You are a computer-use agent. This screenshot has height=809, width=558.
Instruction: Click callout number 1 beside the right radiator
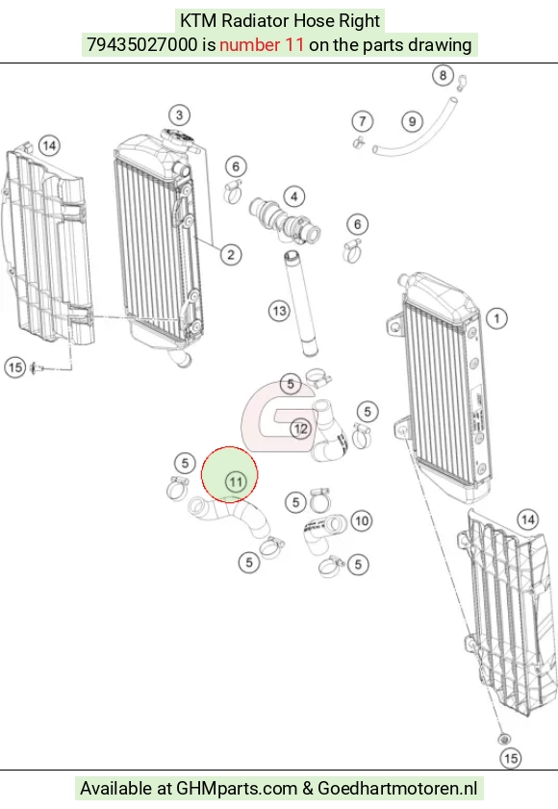tap(496, 317)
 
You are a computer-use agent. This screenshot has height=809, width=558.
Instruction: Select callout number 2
tap(231, 254)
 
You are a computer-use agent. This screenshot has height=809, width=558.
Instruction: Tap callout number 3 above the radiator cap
tap(179, 114)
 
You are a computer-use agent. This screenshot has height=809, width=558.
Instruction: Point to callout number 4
tap(294, 196)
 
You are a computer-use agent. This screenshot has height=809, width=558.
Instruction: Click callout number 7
tap(363, 121)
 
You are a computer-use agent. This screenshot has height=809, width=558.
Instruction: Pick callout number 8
tap(443, 75)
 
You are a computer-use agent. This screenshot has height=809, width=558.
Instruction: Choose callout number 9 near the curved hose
tap(412, 122)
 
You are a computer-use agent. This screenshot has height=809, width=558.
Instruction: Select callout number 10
tap(362, 520)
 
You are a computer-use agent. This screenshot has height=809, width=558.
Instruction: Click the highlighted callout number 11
tap(236, 482)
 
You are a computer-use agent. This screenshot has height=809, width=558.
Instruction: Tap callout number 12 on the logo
tap(300, 428)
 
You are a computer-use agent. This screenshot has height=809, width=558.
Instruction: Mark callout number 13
tap(279, 311)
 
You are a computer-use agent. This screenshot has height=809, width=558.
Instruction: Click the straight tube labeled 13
tap(301, 303)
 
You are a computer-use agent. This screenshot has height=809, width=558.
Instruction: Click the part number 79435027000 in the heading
tap(142, 45)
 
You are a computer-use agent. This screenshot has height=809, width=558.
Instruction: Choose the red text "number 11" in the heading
tap(262, 45)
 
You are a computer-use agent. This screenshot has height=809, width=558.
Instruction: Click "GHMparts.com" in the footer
tap(237, 789)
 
